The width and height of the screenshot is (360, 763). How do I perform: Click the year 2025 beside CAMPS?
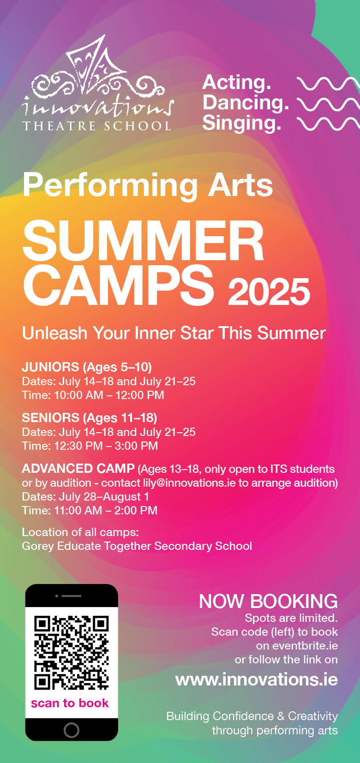[x=269, y=292]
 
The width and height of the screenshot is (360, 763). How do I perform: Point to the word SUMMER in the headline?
[x=143, y=240]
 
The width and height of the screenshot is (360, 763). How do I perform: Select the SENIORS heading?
[x=50, y=417]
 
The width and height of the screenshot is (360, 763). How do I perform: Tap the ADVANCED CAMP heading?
[x=78, y=468]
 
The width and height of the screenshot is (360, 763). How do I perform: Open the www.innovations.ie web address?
[x=257, y=680]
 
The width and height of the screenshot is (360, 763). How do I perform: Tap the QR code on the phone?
[x=72, y=653]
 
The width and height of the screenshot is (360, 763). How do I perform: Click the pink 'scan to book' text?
[x=70, y=703]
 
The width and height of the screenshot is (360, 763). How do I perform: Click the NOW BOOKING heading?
[x=268, y=602]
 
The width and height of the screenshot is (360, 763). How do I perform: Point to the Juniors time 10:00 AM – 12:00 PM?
[x=109, y=395]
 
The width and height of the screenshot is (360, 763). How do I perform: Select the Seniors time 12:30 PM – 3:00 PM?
[x=106, y=446]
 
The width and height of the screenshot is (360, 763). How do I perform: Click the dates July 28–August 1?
[x=104, y=497]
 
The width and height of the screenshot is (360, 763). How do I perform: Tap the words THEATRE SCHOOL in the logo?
[x=97, y=126]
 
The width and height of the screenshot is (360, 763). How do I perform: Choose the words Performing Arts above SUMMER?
[x=148, y=185]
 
